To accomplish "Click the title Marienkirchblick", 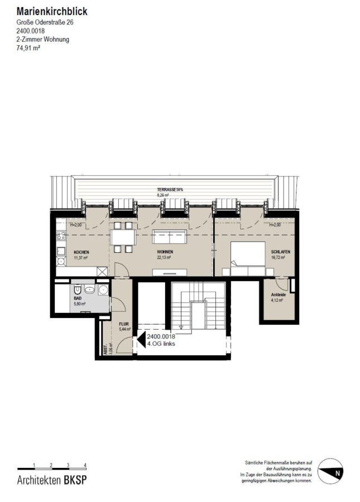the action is (52, 12).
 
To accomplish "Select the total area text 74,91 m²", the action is (28, 48).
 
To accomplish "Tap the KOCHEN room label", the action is (81, 252).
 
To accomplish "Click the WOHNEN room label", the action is (165, 252).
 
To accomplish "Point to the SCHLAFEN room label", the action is (281, 252).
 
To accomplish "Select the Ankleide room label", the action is (279, 295).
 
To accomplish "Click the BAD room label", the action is (78, 298).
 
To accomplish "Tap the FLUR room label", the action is (124, 324).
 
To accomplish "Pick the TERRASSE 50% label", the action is (170, 190).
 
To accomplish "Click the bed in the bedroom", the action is (248, 259).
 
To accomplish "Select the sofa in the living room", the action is (170, 236).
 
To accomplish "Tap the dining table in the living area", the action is (123, 237).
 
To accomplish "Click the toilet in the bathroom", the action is (77, 290).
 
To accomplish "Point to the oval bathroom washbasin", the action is (90, 290).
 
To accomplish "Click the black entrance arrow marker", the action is (141, 340).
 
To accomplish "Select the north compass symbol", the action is (330, 471).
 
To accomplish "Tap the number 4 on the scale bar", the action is (85, 465).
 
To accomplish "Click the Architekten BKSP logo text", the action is (52, 480).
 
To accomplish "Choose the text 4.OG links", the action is (161, 344).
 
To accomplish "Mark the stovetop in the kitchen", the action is (61, 236).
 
